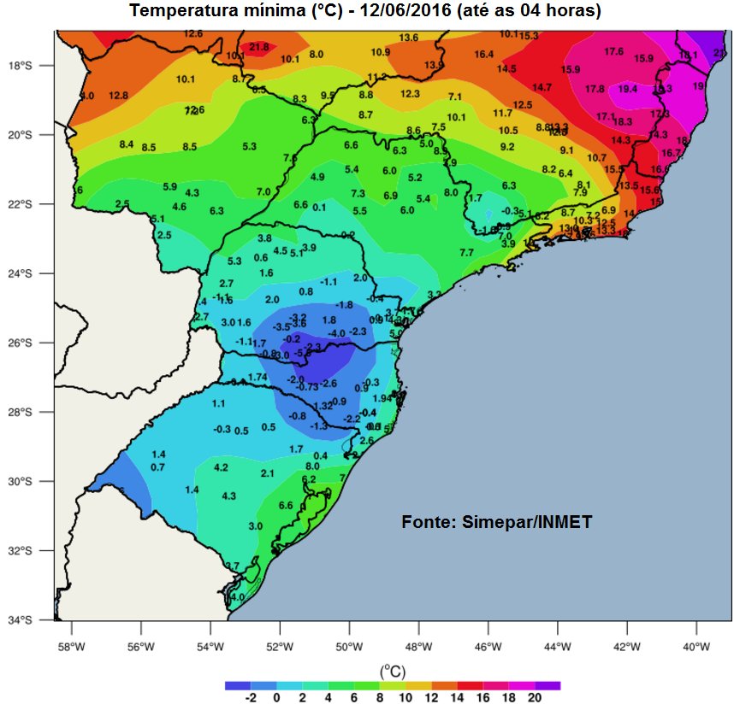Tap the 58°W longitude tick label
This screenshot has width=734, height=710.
tap(70, 646)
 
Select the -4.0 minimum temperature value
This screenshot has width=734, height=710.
tap(336, 333)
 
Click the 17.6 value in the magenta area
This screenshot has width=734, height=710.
tap(613, 52)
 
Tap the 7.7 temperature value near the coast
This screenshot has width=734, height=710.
tap(466, 253)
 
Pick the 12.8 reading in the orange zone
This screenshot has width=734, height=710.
tap(118, 96)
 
